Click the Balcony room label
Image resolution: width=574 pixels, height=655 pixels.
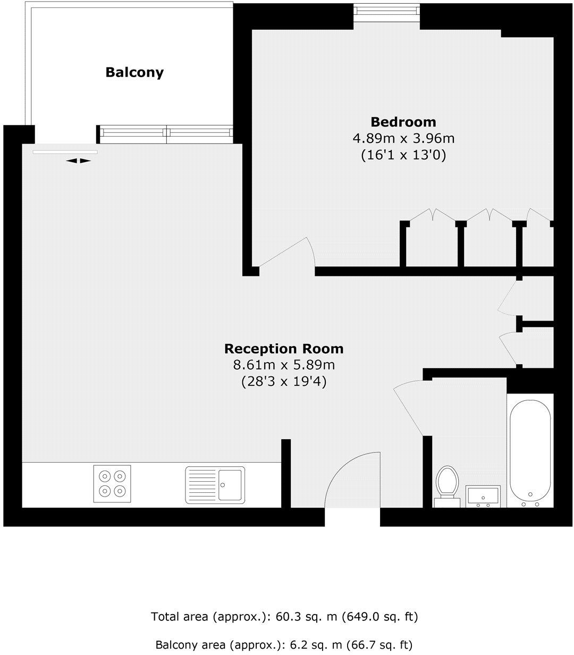point(134,72)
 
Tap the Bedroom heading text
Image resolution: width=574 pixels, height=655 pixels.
point(403,122)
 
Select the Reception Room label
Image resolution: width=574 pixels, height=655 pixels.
point(284,349)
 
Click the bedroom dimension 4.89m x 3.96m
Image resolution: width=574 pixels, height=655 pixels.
point(404,139)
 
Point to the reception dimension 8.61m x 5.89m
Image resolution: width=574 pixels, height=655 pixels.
point(284,365)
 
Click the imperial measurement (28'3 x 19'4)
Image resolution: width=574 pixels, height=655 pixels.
point(284,381)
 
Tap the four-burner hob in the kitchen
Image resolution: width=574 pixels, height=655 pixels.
point(112,483)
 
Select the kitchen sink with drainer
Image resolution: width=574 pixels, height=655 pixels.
point(215,484)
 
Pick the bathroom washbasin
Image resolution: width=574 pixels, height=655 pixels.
point(483,496)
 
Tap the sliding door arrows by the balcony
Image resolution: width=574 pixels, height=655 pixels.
point(79,161)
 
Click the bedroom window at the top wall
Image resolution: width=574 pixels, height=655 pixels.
point(387,11)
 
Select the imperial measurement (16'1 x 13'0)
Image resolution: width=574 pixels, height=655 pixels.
point(403,155)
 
